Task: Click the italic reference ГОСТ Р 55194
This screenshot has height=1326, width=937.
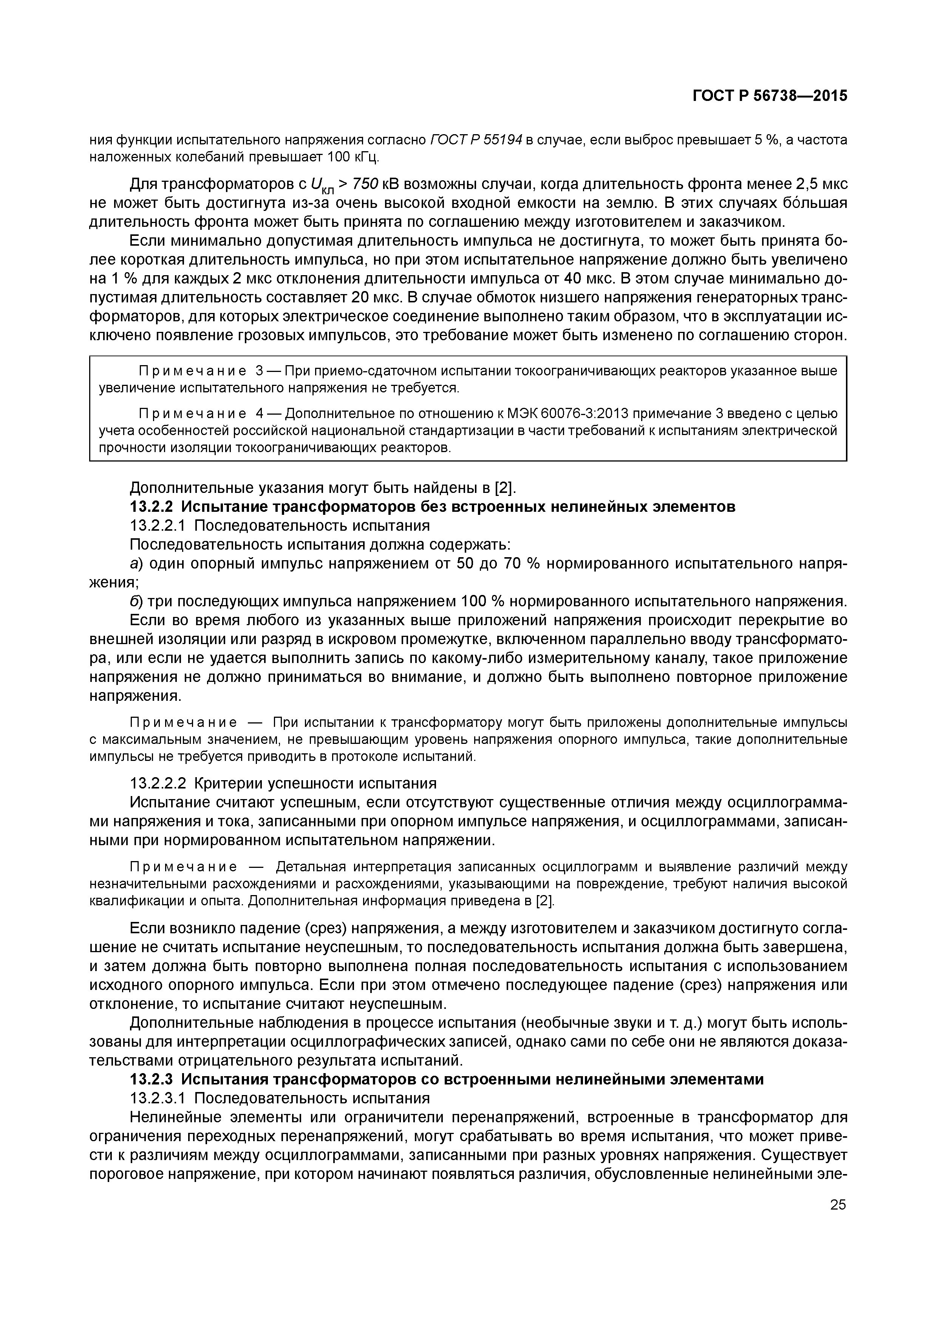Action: [x=476, y=140]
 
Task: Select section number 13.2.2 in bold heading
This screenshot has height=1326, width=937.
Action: [x=152, y=507]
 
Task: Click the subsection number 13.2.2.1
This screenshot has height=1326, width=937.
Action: [x=159, y=525]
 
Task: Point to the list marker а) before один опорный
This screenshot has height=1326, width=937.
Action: [x=136, y=564]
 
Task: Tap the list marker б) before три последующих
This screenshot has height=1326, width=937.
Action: [x=136, y=601]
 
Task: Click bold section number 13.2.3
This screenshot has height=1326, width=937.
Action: [x=152, y=1079]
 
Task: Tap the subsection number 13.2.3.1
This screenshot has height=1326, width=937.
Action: [x=159, y=1098]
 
